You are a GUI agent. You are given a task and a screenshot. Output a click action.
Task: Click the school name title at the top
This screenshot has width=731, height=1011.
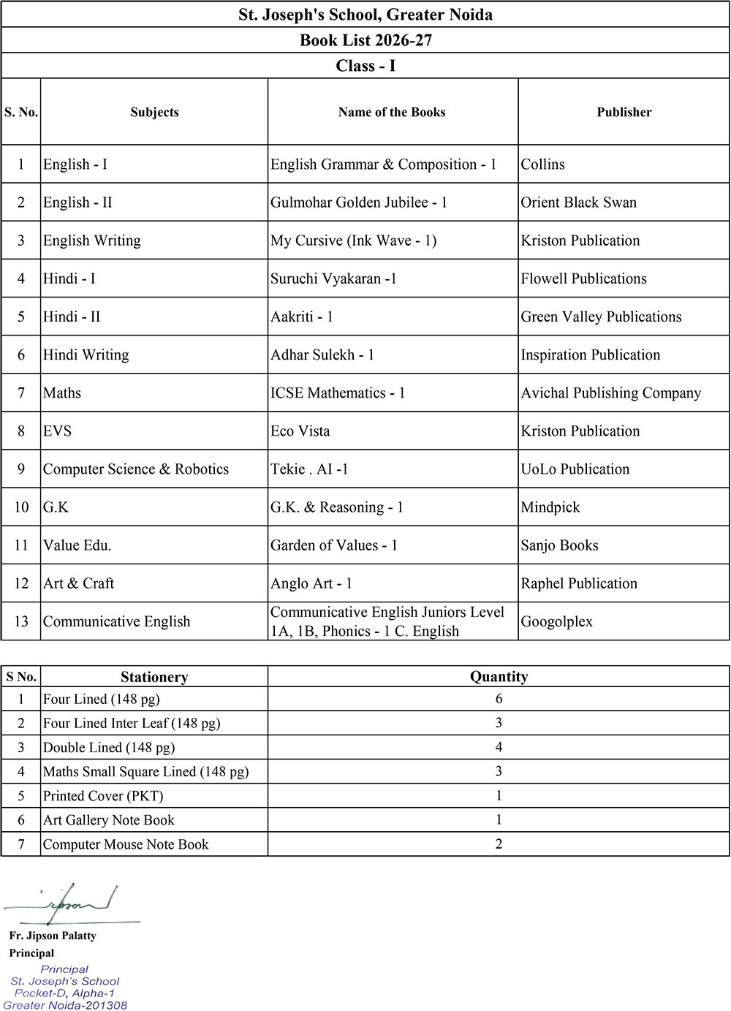coord(365,15)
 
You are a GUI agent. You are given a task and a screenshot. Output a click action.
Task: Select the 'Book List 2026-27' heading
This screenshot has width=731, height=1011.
coord(365,40)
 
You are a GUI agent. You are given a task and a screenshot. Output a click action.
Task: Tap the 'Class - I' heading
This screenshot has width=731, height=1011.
coord(365,66)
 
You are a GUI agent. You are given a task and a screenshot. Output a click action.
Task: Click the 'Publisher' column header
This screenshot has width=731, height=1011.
coord(624,112)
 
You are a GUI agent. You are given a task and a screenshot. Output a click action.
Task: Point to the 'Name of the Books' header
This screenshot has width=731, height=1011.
coord(392,112)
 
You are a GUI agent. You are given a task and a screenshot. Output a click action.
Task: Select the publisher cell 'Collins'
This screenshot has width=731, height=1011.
coord(542,164)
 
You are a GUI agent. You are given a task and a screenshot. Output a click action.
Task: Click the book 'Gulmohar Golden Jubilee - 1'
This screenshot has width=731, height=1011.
coord(359,202)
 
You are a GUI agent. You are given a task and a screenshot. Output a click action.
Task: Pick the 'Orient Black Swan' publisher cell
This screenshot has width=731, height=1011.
coord(578,202)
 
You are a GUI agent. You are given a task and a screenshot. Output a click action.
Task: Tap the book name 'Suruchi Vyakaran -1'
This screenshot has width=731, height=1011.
coord(333,279)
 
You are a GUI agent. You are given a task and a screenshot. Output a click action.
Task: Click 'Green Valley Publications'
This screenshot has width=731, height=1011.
coord(601,317)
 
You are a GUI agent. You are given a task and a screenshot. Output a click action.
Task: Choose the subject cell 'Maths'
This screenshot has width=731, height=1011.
coord(62,393)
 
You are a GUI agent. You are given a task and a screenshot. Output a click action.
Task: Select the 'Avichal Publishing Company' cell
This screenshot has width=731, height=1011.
coord(610,393)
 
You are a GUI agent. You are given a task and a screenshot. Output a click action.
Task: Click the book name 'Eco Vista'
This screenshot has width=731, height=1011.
coord(300,431)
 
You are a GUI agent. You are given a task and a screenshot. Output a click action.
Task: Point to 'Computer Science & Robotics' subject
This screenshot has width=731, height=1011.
coord(136,469)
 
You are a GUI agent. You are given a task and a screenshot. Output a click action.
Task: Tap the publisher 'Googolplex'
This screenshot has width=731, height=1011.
coord(556,621)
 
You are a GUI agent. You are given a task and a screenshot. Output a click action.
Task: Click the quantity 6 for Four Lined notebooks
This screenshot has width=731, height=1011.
coord(499,699)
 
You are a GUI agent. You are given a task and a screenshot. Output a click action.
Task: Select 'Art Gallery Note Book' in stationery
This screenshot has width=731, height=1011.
coord(108,820)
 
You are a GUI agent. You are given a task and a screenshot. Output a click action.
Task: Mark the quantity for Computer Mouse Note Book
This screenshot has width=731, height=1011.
coord(499,844)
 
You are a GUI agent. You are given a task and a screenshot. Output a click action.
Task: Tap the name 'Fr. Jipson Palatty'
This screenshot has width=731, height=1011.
coord(53,936)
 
